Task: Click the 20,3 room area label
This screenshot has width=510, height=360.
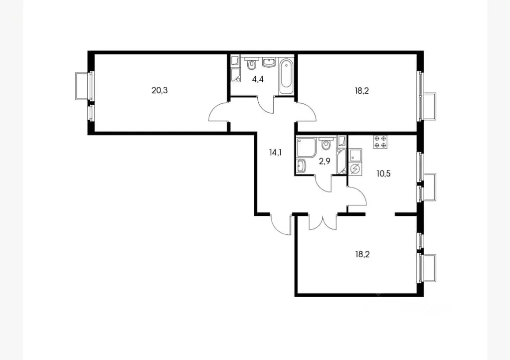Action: tap(159, 90)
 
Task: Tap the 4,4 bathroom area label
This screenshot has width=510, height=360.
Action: tap(257, 78)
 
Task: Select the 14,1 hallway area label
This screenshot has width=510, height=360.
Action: tap(275, 152)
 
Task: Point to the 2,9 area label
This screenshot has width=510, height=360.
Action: tap(325, 161)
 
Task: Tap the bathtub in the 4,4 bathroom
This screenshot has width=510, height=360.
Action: tap(286, 76)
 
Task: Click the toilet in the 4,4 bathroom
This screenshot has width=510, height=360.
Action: tap(251, 64)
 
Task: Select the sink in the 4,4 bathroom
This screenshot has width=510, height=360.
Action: tap(269, 62)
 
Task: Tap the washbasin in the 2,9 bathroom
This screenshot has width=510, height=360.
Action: tap(302, 165)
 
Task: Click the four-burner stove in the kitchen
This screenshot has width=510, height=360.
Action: tap(381, 142)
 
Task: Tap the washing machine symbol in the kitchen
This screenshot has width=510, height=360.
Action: tap(355, 169)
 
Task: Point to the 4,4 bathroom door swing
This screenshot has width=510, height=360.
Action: tap(268, 104)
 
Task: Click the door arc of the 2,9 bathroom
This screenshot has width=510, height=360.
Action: tap(325, 183)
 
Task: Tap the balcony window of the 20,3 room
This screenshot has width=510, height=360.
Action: tap(84, 86)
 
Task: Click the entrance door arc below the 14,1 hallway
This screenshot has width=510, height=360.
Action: tap(281, 224)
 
